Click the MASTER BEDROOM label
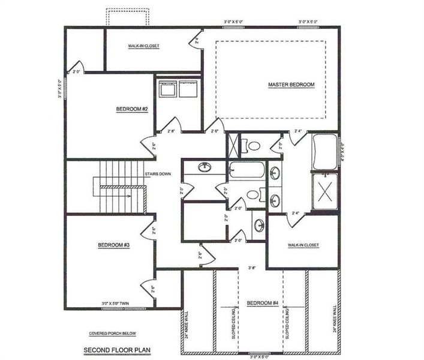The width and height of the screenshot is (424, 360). [291, 85]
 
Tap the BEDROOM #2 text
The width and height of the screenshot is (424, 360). [132, 109]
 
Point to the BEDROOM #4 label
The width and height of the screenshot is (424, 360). [262, 303]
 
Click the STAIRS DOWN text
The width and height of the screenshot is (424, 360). [157, 174]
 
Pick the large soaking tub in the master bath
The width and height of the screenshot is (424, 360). [324, 152]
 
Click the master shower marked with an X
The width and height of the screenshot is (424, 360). [324, 191]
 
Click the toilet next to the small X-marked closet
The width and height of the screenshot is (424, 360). [254, 145]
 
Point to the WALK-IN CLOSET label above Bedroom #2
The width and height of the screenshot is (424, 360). [143, 46]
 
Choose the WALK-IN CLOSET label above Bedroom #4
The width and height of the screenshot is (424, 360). [303, 245]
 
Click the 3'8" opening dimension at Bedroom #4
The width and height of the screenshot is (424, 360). [252, 268]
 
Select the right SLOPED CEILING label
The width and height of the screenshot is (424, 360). [290, 324]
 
